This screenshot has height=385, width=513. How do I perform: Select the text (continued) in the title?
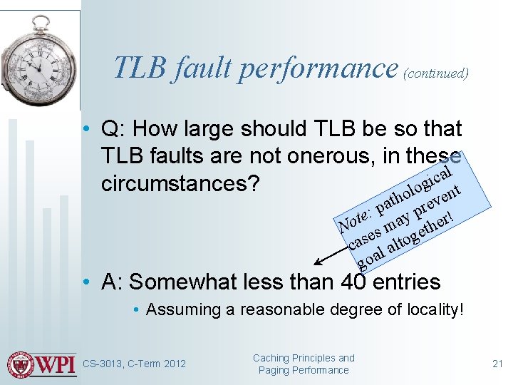pyautogui.click(x=435, y=73)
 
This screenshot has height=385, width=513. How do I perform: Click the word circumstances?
pyautogui.click(x=180, y=183)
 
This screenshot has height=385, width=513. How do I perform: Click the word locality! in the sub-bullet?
pyautogui.click(x=430, y=309)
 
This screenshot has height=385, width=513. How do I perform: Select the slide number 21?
pyautogui.click(x=498, y=364)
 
